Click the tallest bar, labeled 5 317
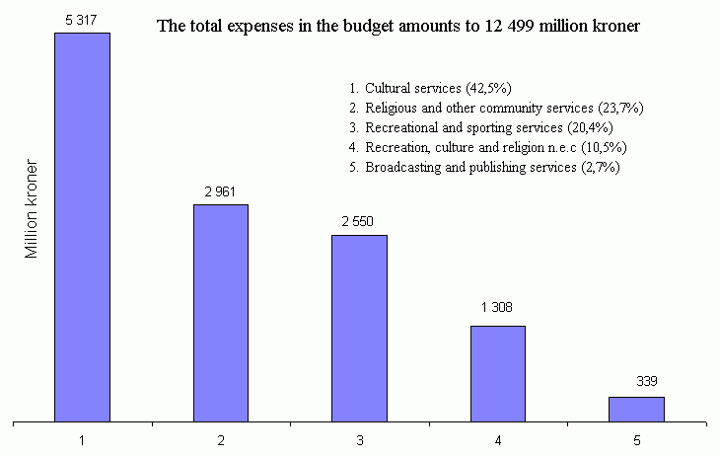pyautogui.click(x=82, y=227)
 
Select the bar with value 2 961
pyautogui.click(x=221, y=313)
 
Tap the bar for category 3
pyautogui.click(x=359, y=328)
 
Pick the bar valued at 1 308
pyautogui.click(x=497, y=373)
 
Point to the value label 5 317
pyautogui.click(x=82, y=21)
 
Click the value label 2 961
pyautogui.click(x=221, y=191)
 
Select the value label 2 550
pyautogui.click(x=359, y=222)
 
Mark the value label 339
pyautogui.click(x=636, y=383)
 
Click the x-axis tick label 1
pyautogui.click(x=82, y=437)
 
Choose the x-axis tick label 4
pyautogui.click(x=497, y=437)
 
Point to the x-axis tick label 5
pyautogui.click(x=636, y=437)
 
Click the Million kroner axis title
pyautogui.click(x=32, y=208)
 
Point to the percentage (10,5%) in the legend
pyautogui.click(x=605, y=147)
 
